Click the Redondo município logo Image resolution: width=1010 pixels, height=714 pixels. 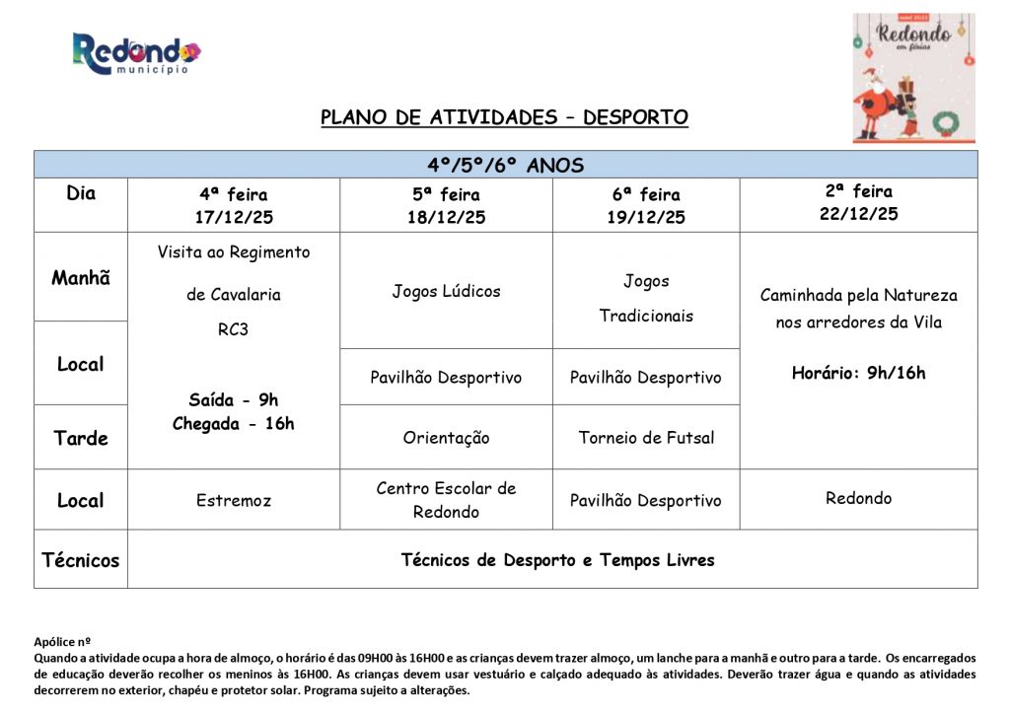click(x=136, y=53)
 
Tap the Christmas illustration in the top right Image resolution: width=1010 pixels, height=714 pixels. click(x=913, y=78)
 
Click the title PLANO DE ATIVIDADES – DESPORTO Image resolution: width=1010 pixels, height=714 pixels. click(x=504, y=117)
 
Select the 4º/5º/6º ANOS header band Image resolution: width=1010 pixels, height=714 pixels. click(x=505, y=165)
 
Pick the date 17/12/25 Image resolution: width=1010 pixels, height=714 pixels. click(x=233, y=218)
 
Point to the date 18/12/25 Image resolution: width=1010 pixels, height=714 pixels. click(x=446, y=218)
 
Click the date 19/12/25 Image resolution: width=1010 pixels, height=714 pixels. click(x=646, y=218)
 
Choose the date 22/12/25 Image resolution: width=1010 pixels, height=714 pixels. click(x=858, y=214)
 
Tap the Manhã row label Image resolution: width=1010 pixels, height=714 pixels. click(x=81, y=278)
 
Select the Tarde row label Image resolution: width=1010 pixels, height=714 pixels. click(x=81, y=438)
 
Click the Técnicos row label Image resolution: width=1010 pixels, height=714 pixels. click(x=81, y=560)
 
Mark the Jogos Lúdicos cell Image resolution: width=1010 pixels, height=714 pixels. click(x=446, y=291)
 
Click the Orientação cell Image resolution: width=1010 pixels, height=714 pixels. click(x=446, y=437)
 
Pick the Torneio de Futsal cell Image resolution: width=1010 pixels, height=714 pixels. click(x=646, y=437)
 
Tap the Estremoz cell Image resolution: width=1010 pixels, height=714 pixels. click(x=233, y=500)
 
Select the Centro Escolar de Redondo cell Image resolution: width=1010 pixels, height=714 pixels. click(x=446, y=500)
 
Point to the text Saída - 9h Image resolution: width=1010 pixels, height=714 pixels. click(x=233, y=399)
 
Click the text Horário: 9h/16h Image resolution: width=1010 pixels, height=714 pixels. click(x=858, y=373)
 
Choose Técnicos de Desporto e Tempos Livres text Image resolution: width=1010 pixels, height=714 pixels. click(x=557, y=560)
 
